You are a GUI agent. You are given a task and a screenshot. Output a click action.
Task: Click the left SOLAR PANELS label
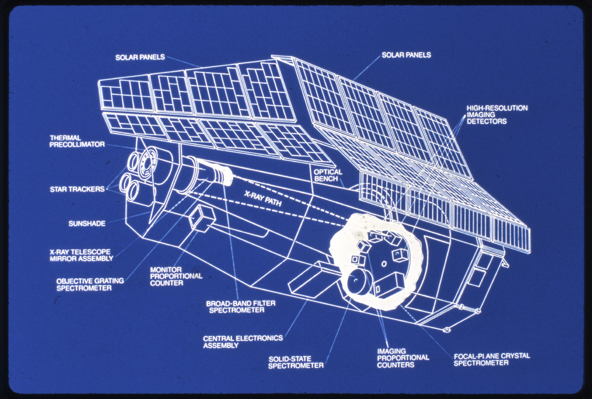point(140,57)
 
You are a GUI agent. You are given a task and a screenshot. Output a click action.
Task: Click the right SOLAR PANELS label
point(406,55)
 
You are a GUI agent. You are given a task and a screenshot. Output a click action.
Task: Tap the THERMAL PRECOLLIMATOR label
point(77,141)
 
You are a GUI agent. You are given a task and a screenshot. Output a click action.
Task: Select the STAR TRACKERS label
point(77,189)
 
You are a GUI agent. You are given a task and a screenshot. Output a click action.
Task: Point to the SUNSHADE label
point(87,224)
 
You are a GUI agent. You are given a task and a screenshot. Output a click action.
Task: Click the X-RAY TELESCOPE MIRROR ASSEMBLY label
point(80,255)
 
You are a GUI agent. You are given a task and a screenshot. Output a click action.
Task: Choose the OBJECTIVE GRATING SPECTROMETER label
point(90,284)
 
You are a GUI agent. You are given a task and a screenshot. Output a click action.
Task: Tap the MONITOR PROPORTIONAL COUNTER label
point(176,276)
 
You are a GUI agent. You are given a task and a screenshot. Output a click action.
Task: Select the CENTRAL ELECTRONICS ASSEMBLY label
point(243,342)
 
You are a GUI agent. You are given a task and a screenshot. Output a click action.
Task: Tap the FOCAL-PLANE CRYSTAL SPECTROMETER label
point(491,359)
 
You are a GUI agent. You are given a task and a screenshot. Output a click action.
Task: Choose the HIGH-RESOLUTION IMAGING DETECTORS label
point(497,114)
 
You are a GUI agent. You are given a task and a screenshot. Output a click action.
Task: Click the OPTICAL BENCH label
point(328,176)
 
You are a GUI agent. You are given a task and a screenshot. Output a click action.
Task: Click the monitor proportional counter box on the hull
point(202,217)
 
